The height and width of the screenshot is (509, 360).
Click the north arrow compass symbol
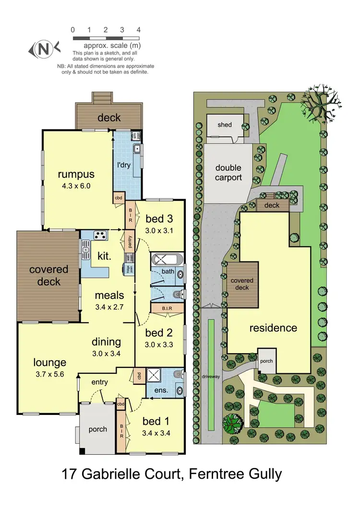pos(44,48)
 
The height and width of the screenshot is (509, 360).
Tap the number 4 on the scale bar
pos(138,29)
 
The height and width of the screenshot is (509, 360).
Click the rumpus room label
pos(76,174)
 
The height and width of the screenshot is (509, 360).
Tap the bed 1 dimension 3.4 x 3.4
pos(156,432)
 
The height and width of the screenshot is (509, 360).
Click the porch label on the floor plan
pos(98,429)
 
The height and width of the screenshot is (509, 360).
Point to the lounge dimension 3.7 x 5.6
pos(49,375)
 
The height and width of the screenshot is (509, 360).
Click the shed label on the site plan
pos(224,125)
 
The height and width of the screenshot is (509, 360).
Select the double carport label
pos(228,173)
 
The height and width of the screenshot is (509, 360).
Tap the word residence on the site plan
pos(273,328)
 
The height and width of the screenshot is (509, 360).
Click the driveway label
pos(211,377)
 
